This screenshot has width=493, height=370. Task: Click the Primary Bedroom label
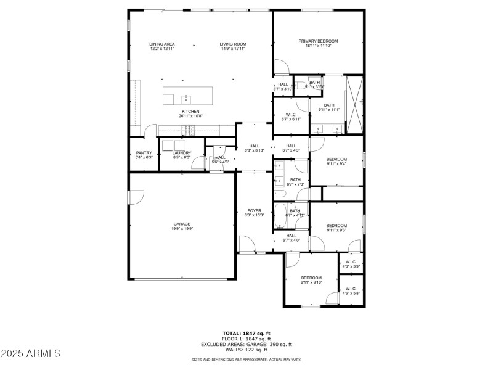coord(318,41)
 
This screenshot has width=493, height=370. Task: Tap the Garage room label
coord(182,224)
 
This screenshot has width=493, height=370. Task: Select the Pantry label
coord(144,153)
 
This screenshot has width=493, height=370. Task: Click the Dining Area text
coord(162,44)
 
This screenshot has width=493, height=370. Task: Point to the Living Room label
coord(233,44)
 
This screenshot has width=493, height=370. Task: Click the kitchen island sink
coord(185,98)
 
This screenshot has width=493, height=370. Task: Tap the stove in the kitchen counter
coord(187,129)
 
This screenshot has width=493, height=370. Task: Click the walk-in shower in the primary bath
coord(354,104)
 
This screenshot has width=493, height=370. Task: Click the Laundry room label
coord(181,153)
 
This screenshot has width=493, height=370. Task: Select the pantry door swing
coord(150,131)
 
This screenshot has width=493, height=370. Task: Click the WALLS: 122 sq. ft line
coord(246,350)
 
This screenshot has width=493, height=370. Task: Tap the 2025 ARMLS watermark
coord(31,353)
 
